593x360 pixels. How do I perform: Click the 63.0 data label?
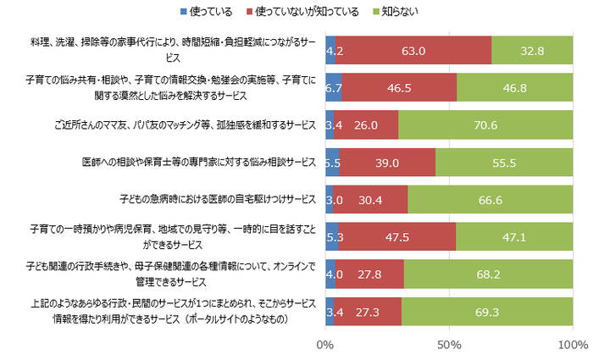pyautogui.click(x=413, y=50)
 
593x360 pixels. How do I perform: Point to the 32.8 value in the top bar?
pyautogui.click(x=531, y=50)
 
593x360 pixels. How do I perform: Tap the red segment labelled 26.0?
pyautogui.click(x=365, y=124)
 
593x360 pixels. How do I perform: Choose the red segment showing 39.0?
pyautogui.click(x=387, y=161)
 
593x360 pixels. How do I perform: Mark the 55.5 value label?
pyautogui.click(x=503, y=161)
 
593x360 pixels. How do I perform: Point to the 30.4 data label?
pyautogui.click(x=370, y=200)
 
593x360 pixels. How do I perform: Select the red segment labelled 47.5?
pyautogui.click(x=396, y=237)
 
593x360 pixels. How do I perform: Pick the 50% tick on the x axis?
pyautogui.click(x=449, y=346)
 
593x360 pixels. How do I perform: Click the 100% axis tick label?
pyautogui.click(x=573, y=346)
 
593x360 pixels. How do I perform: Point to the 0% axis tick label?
pyautogui.click(x=324, y=346)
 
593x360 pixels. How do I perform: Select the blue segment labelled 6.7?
pyautogui.click(x=333, y=87)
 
